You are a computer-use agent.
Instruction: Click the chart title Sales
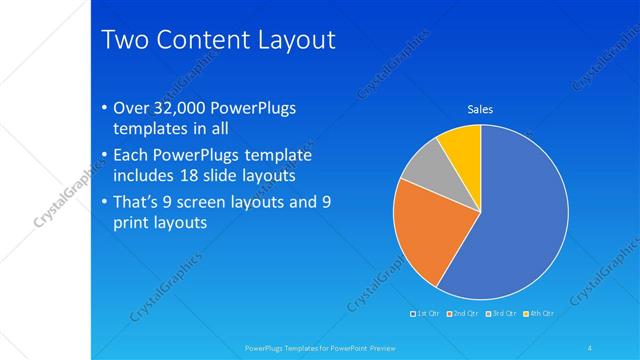pos(481,110)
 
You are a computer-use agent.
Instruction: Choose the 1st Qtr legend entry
pos(425,313)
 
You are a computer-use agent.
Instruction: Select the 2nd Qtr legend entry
pos(463,313)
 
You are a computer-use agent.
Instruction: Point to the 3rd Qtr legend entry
pos(502,313)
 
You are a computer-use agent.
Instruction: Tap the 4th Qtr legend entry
pos(540,313)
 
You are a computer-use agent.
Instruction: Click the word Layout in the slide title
pos(291,40)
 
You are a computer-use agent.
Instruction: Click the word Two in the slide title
pos(126,40)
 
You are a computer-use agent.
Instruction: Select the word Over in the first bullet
pos(133,109)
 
